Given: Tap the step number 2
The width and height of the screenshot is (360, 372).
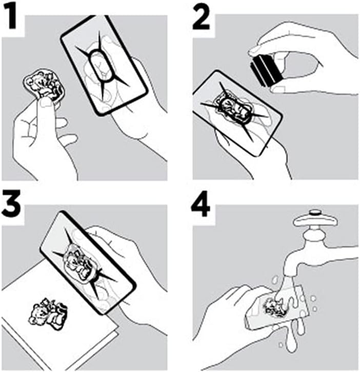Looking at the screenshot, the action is [x=201, y=18].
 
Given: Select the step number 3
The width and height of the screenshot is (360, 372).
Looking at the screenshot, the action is [x=10, y=205].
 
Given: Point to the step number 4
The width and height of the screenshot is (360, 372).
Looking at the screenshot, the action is [x=201, y=205].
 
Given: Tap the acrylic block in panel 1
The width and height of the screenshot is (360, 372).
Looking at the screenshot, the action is [x=104, y=65].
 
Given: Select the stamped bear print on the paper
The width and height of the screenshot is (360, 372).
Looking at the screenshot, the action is [x=48, y=313].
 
